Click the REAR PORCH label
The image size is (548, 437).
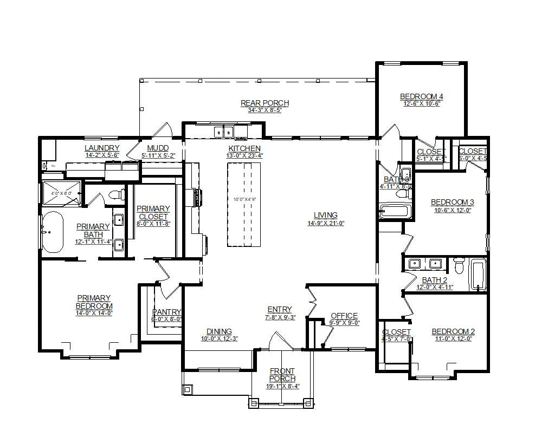[x=265, y=103]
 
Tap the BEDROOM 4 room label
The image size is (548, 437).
[x=421, y=96]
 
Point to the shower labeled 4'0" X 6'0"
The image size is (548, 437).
[x=61, y=193]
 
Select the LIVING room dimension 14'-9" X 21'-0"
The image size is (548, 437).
[x=325, y=223]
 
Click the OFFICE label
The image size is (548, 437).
[x=344, y=316]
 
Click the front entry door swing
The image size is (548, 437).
[x=281, y=341]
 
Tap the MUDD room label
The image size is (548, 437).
[x=158, y=148]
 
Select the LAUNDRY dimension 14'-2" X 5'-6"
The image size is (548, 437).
[x=102, y=155]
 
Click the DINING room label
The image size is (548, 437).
[x=219, y=331]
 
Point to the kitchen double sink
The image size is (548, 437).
[x=223, y=131]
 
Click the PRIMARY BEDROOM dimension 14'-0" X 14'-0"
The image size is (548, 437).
[x=94, y=313]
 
